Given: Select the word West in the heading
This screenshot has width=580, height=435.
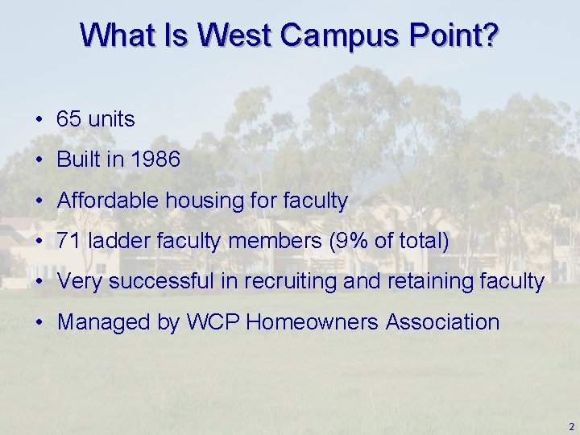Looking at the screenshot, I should pos(239,35).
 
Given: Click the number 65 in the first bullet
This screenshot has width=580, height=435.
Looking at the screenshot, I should pos(69,119).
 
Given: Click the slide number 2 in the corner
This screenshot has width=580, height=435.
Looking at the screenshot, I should pos(570,426).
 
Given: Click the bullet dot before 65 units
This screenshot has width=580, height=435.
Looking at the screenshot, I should pos(39,120).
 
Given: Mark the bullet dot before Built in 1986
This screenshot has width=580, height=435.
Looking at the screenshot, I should pos(39,160).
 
